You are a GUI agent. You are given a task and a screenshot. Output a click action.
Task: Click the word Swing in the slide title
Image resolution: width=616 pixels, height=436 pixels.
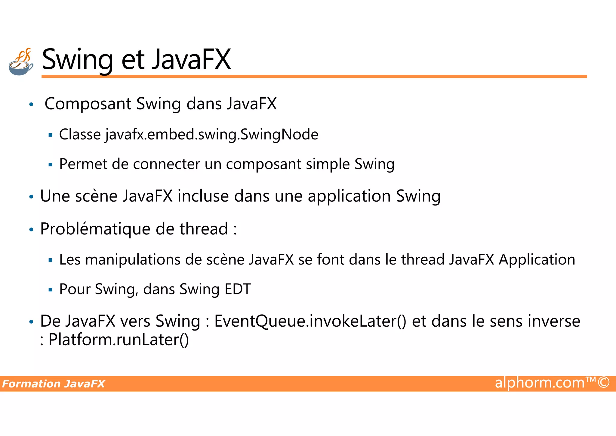click(x=77, y=60)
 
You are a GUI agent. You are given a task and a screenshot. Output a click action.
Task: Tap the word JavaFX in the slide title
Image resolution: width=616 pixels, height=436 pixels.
click(x=191, y=60)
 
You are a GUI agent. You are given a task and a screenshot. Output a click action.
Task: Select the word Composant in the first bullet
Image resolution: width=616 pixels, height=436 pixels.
click(x=88, y=104)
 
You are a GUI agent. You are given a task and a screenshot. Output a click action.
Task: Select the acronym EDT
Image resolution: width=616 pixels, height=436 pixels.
click(x=238, y=289)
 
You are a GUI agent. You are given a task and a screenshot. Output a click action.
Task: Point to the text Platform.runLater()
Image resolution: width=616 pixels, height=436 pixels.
click(x=119, y=340)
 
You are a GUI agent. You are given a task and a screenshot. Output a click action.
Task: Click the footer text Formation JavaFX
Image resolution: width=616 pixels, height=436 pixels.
click(x=54, y=384)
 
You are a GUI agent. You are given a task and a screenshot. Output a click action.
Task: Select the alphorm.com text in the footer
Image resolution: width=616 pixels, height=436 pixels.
click(x=540, y=383)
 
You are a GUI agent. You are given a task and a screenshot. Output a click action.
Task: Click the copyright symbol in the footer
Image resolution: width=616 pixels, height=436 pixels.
click(x=603, y=383)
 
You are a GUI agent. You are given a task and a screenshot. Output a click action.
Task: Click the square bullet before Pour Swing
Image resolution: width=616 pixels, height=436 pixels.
click(x=51, y=290)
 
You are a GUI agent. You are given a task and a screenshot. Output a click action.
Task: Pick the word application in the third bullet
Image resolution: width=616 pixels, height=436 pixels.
click(x=349, y=196)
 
